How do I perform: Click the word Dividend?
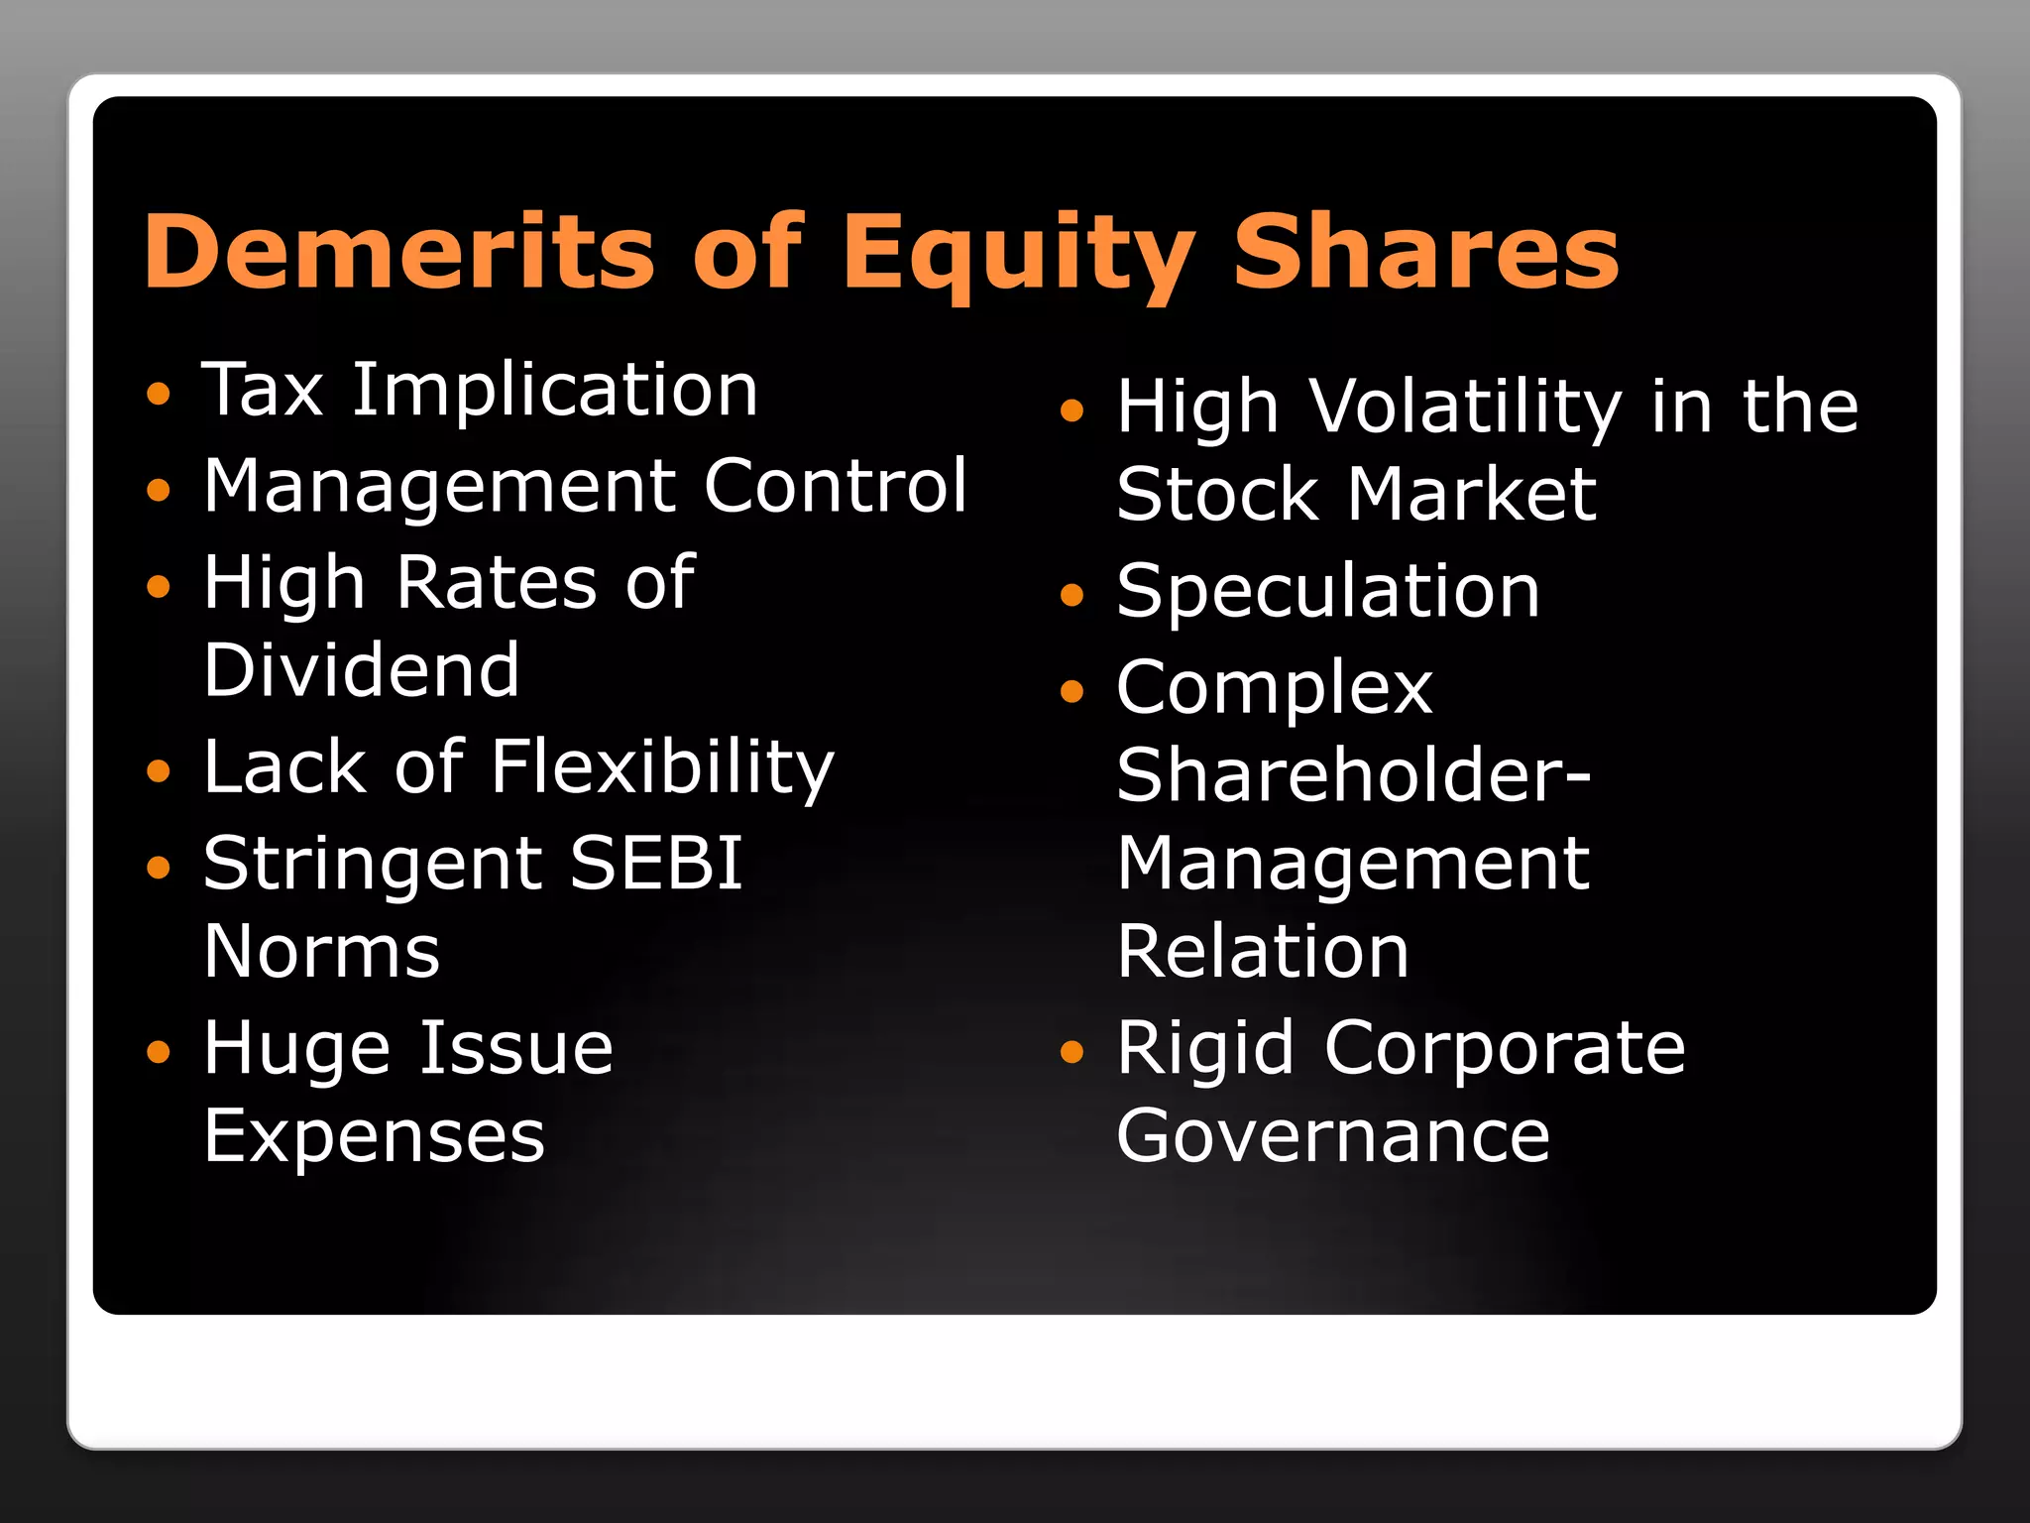pyautogui.click(x=362, y=670)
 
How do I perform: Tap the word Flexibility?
pyautogui.click(x=663, y=769)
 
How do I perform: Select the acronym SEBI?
pyautogui.click(x=656, y=863)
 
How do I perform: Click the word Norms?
pyautogui.click(x=322, y=952)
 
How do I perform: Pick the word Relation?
pyautogui.click(x=1263, y=952)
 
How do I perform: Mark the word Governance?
pyautogui.click(x=1333, y=1136)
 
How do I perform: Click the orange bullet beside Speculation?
pyautogui.click(x=1071, y=595)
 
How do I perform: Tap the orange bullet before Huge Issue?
pyautogui.click(x=159, y=1051)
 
